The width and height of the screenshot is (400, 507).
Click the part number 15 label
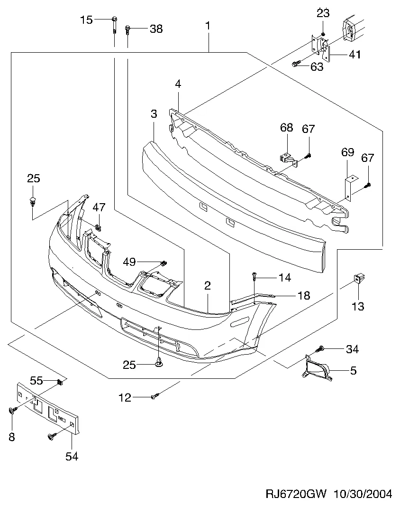(86, 20)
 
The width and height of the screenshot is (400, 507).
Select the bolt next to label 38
(127, 30)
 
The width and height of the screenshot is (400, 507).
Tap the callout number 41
(355, 55)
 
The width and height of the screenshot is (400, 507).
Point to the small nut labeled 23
(323, 34)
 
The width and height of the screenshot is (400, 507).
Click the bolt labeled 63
(296, 64)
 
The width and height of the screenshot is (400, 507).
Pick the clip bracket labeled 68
(284, 155)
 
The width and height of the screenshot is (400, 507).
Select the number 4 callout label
(178, 84)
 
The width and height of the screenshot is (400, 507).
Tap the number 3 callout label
(154, 114)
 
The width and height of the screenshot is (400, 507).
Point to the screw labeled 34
(320, 349)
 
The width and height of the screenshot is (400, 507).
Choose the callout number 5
(353, 370)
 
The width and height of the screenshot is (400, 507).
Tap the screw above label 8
(12, 411)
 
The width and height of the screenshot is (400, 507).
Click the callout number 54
(72, 457)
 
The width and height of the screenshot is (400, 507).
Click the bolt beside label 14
(255, 275)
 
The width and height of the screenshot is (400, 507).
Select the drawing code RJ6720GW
(297, 494)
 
